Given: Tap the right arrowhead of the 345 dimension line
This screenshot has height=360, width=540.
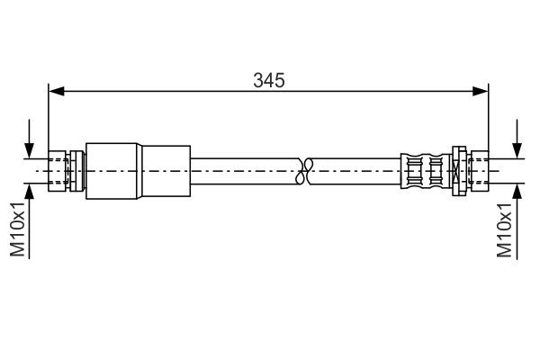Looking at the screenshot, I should pyautogui.click(x=481, y=90).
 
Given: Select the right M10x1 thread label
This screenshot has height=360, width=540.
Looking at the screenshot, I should pyautogui.click(x=506, y=229).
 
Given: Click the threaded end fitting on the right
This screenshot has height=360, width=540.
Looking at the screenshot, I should pyautogui.click(x=476, y=168).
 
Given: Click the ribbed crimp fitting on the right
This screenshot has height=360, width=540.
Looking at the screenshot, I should pyautogui.click(x=425, y=168).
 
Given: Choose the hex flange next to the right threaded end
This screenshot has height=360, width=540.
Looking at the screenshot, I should pyautogui.click(x=457, y=168).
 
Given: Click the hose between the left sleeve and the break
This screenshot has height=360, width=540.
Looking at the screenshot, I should pyautogui.click(x=243, y=168).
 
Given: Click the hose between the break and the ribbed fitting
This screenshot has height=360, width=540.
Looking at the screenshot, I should pyautogui.click(x=355, y=168).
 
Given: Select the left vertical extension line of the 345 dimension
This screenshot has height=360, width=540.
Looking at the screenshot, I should pyautogui.click(x=49, y=117).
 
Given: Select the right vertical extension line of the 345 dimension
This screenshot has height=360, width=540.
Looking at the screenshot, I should pyautogui.click(x=488, y=117).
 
